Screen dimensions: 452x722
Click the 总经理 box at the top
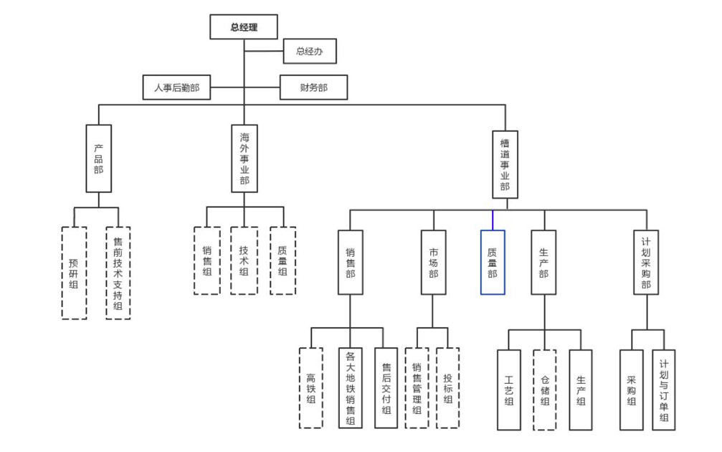click(x=244, y=27)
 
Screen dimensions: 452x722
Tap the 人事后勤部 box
click(x=176, y=88)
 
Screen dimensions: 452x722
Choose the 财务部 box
click(x=313, y=88)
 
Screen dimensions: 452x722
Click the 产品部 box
click(x=98, y=159)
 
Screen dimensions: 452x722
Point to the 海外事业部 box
click(x=244, y=159)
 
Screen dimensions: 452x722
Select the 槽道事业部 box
click(x=505, y=164)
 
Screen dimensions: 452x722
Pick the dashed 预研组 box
click(x=74, y=273)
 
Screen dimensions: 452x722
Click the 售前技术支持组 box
click(x=118, y=273)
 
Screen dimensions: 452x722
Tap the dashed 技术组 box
click(x=244, y=261)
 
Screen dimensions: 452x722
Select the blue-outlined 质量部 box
click(x=493, y=263)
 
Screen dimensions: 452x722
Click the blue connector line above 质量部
click(x=493, y=220)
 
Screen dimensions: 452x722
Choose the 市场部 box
click(x=433, y=263)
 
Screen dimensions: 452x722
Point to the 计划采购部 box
click(x=646, y=263)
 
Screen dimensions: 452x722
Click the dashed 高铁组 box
click(x=310, y=388)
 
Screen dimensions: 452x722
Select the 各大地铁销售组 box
click(x=350, y=388)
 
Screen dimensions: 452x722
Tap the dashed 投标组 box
click(x=447, y=388)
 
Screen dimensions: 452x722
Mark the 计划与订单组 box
click(x=664, y=390)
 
